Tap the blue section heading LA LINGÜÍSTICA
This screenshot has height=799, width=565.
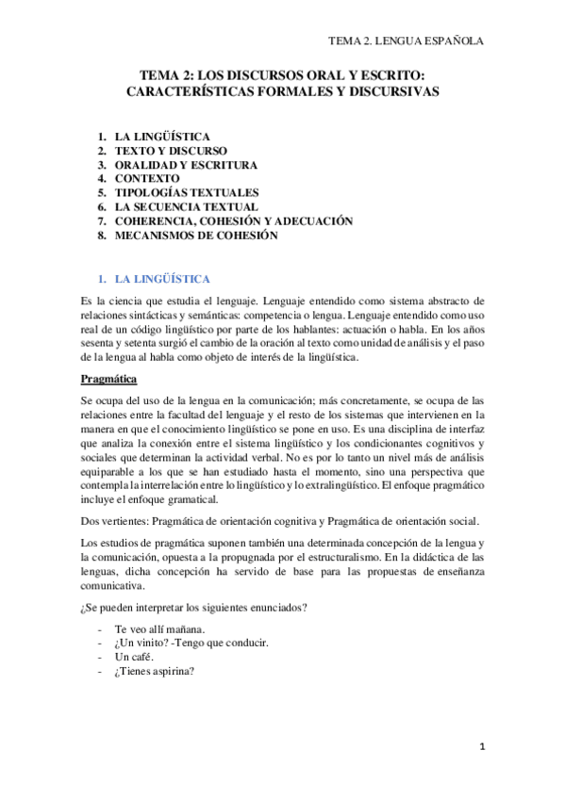(x=162, y=280)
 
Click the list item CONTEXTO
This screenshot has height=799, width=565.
(x=147, y=179)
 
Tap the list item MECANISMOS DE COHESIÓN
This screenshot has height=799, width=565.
(x=196, y=236)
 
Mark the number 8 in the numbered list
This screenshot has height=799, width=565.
(x=101, y=236)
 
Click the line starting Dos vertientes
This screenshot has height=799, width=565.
(x=280, y=521)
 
